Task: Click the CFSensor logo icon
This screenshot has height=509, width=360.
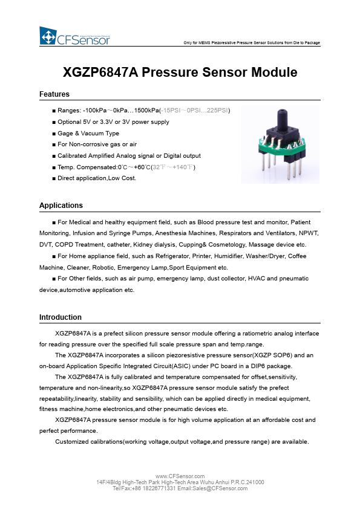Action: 48,36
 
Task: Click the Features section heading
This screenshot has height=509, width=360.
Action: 54,94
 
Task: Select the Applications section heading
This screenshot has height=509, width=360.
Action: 61,206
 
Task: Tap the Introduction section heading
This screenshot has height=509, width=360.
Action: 61,317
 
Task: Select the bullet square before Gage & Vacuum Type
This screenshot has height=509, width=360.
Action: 54,134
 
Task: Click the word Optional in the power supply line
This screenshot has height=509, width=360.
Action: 70,122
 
